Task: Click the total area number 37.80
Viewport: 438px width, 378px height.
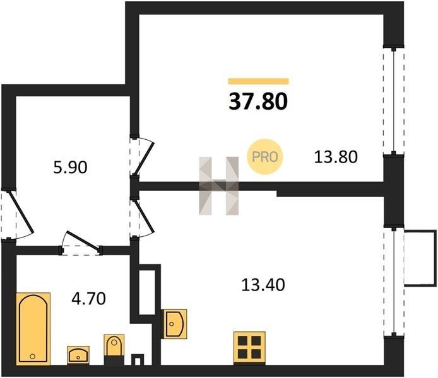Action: pos(257,100)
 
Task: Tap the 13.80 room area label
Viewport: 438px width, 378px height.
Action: pos(336,156)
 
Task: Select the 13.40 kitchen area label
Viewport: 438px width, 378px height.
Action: pos(263,285)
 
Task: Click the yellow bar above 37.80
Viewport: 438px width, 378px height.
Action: pos(257,81)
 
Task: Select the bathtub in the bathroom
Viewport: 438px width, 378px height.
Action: pos(33,328)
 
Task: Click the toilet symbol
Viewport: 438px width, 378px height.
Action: pos(114,348)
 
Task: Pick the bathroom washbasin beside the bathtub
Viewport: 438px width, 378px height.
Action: pos(79,355)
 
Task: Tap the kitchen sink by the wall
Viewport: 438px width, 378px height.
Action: pos(174,324)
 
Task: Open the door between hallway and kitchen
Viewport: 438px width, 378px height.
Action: pos(141,217)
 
